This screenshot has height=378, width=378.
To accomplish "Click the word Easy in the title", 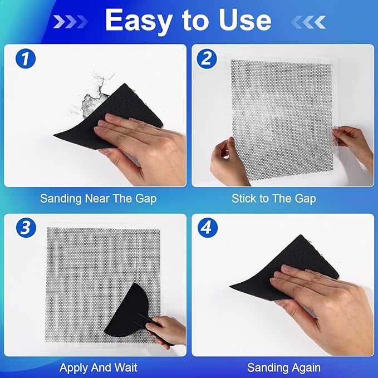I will tap(138, 21).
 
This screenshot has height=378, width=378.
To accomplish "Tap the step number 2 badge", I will tap(207, 58).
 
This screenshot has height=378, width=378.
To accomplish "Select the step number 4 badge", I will tap(207, 228).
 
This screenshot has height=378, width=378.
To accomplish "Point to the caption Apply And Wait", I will tap(98, 367).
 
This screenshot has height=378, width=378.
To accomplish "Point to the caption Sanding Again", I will tap(284, 367).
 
